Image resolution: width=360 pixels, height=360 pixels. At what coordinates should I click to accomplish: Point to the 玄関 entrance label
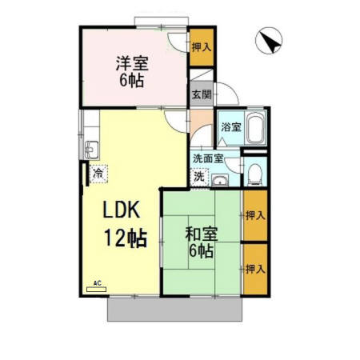click(201, 94)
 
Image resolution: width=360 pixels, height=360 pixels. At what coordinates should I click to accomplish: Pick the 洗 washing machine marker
click(199, 176)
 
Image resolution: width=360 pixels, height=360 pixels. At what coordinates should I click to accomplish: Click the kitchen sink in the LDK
click(90, 149)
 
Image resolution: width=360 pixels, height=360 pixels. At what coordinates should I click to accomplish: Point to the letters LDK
click(121, 212)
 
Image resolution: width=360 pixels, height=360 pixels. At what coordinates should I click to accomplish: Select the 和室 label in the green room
click(199, 235)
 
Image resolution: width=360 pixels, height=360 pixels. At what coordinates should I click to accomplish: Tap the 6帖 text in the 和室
click(200, 253)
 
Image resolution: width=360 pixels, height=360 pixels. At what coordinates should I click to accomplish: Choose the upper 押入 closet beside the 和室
click(254, 215)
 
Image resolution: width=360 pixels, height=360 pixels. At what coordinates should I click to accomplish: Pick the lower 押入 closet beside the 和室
click(254, 269)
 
